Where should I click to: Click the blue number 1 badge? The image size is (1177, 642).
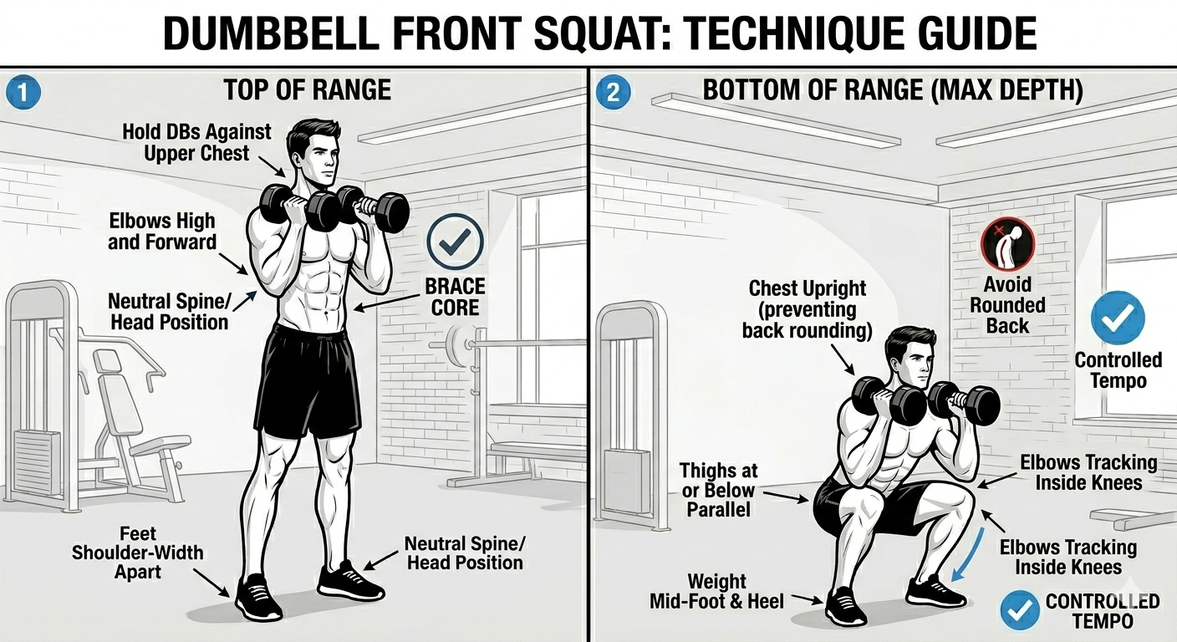23,93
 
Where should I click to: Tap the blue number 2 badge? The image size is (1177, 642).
614,93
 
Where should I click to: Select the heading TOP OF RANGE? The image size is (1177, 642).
308,89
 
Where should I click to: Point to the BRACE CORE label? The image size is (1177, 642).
455,297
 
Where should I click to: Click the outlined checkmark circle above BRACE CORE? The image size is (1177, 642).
455,242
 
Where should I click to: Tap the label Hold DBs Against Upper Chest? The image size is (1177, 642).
196,142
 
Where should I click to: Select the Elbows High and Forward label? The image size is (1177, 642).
162,232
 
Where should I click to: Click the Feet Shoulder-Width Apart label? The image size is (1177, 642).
138,553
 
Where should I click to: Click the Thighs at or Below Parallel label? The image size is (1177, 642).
718,490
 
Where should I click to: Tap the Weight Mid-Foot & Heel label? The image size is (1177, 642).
716,592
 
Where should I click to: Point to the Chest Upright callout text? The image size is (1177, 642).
807,310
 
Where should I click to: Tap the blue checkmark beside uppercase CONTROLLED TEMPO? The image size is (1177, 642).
1020,610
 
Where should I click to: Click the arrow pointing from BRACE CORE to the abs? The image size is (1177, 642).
387,303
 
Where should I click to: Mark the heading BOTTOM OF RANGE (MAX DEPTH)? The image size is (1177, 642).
893,90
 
